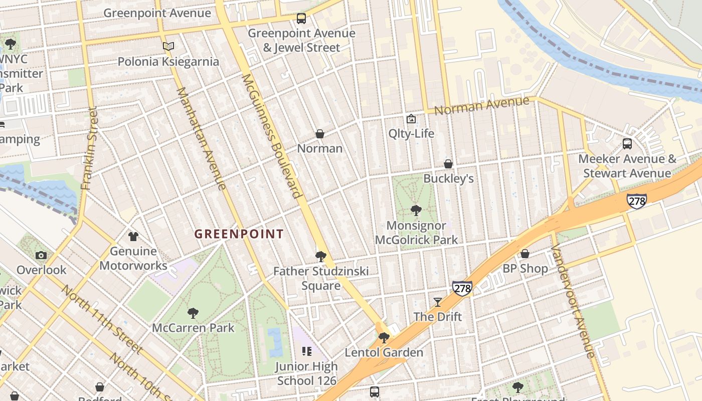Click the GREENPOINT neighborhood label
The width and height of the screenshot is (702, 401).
coord(239,234)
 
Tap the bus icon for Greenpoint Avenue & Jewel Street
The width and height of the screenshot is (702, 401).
coord(301,19)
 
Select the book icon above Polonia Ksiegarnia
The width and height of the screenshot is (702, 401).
coord(168,47)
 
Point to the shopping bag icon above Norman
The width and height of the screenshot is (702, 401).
coord(319,134)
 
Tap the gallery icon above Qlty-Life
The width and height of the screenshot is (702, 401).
coord(411,119)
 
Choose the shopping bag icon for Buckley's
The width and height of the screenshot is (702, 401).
coord(448,164)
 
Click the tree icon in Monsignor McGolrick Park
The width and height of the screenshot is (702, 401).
coord(416,211)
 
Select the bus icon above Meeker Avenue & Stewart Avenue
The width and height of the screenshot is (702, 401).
coord(627,144)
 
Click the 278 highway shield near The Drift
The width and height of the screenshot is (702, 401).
coord(462,288)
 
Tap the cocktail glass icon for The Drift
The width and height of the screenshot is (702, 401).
coord(438,302)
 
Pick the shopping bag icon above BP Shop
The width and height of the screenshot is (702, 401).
coord(525,254)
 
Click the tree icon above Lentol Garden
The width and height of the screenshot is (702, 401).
coord(384,337)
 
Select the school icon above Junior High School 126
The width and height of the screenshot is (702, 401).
coord(306,351)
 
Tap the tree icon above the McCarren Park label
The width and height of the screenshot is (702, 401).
coord(193,313)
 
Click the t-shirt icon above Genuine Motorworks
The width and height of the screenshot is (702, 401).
coord(133,236)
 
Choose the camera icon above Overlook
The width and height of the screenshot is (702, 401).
coord(41,255)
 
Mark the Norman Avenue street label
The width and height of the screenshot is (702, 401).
coord(481,106)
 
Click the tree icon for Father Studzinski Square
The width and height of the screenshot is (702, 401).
coord(321,257)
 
